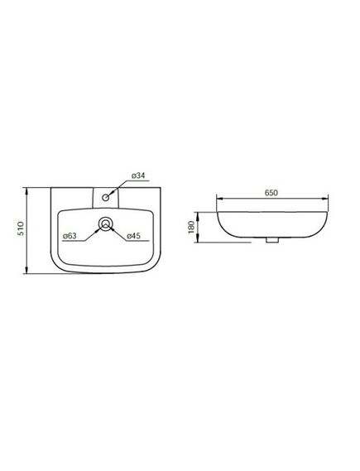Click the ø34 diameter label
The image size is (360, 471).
coord(138,175)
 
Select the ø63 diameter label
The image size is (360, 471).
coord(70,236)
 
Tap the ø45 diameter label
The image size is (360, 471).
coord(133,236)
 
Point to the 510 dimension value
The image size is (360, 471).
coord(21,228)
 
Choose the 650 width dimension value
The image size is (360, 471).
coord(271,193)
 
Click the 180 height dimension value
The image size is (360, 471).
coord(191,228)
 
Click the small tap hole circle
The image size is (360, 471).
coord(106,197)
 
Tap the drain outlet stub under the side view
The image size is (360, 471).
coord(272,240)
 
